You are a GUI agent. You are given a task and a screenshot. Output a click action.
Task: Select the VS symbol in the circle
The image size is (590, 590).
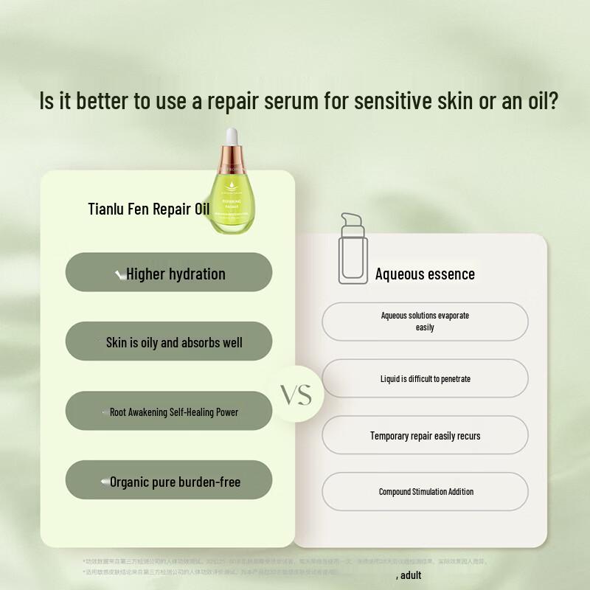pyautogui.click(x=296, y=395)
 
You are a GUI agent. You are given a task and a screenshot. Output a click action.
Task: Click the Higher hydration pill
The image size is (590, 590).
pyautogui.click(x=169, y=273)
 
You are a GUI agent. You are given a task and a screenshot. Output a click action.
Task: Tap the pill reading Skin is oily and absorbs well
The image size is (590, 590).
pyautogui.click(x=169, y=342)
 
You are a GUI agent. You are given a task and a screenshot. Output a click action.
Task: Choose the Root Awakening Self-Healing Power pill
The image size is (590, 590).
pyautogui.click(x=169, y=412)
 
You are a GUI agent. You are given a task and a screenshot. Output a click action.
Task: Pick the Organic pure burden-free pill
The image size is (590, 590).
pyautogui.click(x=169, y=482)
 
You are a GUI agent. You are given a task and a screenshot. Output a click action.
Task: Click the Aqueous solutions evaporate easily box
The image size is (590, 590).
pyautogui.click(x=425, y=322)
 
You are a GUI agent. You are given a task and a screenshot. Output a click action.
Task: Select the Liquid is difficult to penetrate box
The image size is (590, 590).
pyautogui.click(x=425, y=378)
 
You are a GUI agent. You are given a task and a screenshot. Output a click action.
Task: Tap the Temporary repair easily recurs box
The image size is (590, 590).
pyautogui.click(x=425, y=435)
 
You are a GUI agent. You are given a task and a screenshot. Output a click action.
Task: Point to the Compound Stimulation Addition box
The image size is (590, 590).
pyautogui.click(x=425, y=491)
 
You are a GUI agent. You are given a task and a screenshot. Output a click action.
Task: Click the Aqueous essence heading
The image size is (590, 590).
pyautogui.click(x=425, y=274)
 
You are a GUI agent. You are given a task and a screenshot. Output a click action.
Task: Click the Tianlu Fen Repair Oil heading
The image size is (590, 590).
pyautogui.click(x=148, y=209)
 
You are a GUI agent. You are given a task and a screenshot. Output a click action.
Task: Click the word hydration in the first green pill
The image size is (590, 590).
pyautogui.click(x=197, y=274)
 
